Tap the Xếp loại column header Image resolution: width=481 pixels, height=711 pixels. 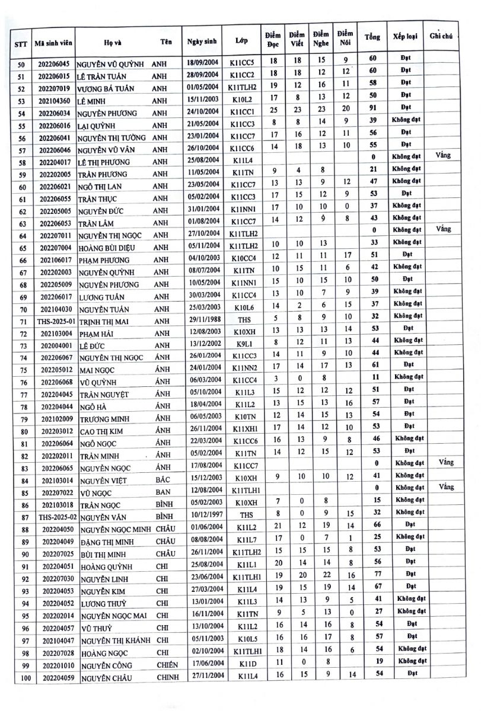403,37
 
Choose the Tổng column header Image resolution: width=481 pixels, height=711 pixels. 372,37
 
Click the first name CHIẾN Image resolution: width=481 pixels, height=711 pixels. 167,665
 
